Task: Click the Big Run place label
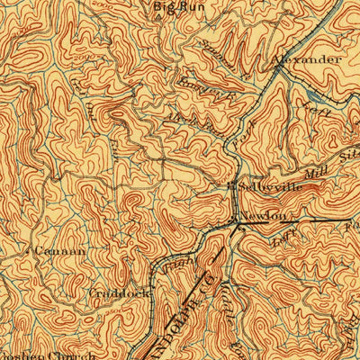click(x=175, y=8)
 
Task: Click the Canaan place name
click(x=59, y=252)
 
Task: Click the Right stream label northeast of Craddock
click(x=175, y=261)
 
